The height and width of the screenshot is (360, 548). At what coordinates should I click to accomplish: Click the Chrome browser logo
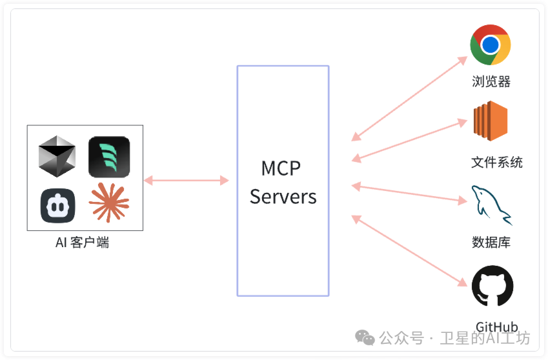pos(491,45)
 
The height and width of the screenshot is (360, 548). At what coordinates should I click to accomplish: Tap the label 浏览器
pos(491,82)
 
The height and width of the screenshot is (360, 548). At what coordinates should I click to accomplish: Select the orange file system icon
pos(491,122)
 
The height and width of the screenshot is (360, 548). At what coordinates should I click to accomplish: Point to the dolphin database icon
pos(491,205)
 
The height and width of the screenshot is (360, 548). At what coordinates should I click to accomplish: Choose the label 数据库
pos(491,243)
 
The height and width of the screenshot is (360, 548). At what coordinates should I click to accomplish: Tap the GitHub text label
pos(497,327)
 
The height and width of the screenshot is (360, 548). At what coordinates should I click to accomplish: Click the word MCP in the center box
pos(281,168)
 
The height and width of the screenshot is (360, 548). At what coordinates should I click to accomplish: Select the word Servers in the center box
pos(283,197)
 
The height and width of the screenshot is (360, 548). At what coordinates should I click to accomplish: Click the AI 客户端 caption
pos(83,243)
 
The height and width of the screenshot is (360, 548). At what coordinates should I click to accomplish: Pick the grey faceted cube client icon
pos(56,156)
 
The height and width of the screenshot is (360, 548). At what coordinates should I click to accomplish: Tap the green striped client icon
pos(109,157)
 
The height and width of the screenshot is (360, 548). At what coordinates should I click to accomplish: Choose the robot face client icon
pos(57,205)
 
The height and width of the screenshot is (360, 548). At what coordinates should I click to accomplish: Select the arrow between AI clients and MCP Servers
pos(187,181)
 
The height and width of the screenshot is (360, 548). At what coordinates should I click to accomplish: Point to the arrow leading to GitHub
pos(409,251)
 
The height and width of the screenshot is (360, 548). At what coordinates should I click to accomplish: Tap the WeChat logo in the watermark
pos(365,338)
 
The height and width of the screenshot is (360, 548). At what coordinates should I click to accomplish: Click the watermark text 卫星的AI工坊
pos(485,338)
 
